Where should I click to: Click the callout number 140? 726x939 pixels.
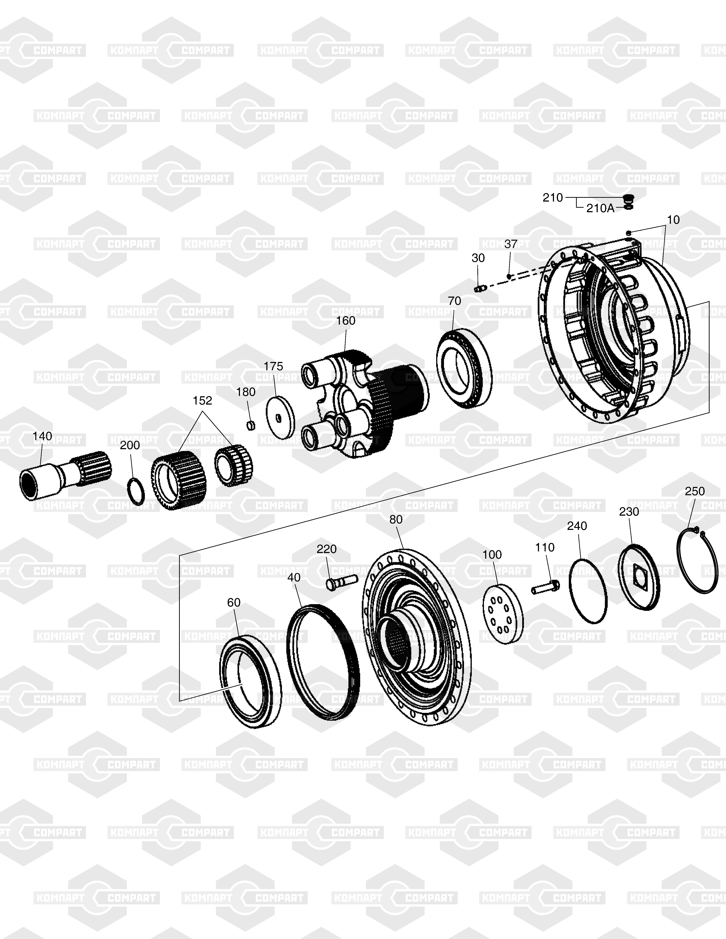tap(42, 436)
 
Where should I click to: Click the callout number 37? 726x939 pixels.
tap(511, 244)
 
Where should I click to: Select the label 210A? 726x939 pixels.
tap(601, 209)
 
